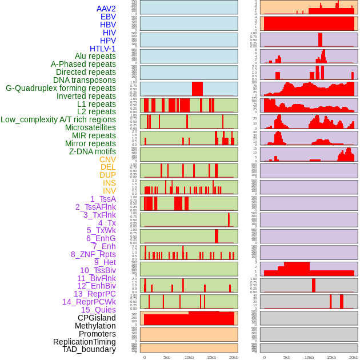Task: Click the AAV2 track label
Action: [x=106, y=9]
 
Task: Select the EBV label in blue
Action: [x=108, y=17]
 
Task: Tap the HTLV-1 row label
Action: [x=102, y=49]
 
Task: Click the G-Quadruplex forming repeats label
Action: [x=61, y=88]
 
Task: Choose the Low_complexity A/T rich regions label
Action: [x=58, y=119]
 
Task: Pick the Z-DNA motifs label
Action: [x=92, y=151]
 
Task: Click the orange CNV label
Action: [x=107, y=159]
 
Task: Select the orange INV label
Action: [x=109, y=191]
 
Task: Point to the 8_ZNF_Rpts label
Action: [x=93, y=254]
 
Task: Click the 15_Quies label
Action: [x=98, y=310]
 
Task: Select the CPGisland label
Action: [x=97, y=318]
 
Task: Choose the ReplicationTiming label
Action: [x=84, y=342]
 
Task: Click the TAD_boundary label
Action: [x=89, y=349]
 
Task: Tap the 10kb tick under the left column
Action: [x=189, y=358]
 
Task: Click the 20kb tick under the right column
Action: [x=354, y=358]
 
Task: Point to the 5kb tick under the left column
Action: [x=167, y=358]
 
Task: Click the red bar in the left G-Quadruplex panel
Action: [x=197, y=89]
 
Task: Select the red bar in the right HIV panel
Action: [x=321, y=39]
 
